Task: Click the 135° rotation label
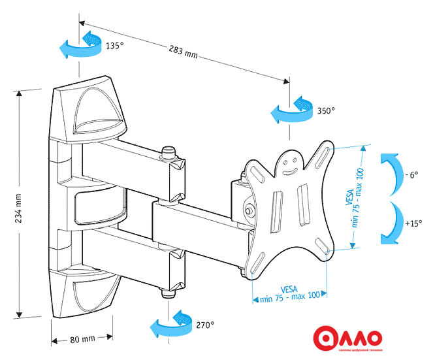114,46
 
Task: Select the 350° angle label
326,110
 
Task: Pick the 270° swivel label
204,324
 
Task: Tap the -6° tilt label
411,175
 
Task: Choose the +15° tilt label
413,223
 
